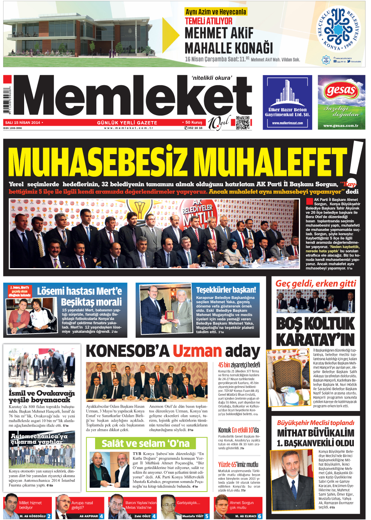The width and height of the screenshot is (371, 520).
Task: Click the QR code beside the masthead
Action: (242, 123)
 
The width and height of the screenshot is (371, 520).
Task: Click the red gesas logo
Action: (341, 91)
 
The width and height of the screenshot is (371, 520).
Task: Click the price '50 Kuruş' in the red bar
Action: (194, 122)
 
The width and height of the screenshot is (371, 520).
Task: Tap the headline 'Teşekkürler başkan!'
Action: (226, 290)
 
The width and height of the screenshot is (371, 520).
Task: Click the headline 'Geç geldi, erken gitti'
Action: (316, 284)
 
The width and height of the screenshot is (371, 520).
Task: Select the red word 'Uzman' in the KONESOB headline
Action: (197, 351)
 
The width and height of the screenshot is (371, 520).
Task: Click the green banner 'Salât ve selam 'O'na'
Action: (145, 443)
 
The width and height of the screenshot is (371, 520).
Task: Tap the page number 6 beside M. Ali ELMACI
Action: (260, 516)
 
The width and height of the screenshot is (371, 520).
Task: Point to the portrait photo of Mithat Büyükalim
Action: (292, 480)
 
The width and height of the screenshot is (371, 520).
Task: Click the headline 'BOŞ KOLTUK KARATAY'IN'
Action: (315, 331)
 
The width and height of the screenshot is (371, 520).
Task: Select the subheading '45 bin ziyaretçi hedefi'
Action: (239, 365)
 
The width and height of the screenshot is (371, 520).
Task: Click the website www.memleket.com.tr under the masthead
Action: (129, 128)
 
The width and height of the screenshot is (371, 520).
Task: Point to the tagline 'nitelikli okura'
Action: (212, 78)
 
